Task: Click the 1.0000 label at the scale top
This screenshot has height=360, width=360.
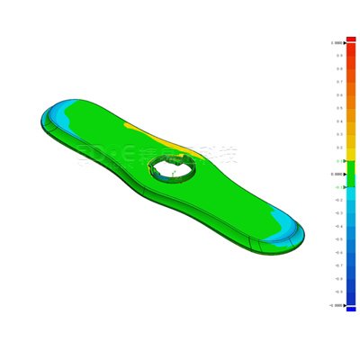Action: point(337,42)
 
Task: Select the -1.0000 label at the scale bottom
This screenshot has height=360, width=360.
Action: point(336,305)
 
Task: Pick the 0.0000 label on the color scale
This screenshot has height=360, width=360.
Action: point(337,174)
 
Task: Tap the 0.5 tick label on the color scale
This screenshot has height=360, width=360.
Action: point(338,108)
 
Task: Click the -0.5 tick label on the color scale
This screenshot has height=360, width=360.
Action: point(338,239)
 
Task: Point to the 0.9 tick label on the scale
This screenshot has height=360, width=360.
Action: point(338,55)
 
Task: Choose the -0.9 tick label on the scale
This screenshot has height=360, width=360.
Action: point(338,292)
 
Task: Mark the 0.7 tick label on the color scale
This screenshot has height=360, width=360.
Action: point(338,82)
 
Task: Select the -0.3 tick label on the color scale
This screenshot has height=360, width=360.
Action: point(338,213)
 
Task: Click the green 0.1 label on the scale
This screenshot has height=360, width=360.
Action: point(338,161)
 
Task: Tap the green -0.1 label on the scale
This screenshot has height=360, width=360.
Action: point(338,187)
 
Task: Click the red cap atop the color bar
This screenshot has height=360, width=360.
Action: point(351,39)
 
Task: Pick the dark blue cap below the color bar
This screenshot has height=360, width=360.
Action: point(351,309)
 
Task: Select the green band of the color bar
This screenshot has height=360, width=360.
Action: point(351,174)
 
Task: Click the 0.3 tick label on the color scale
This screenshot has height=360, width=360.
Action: point(338,134)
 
